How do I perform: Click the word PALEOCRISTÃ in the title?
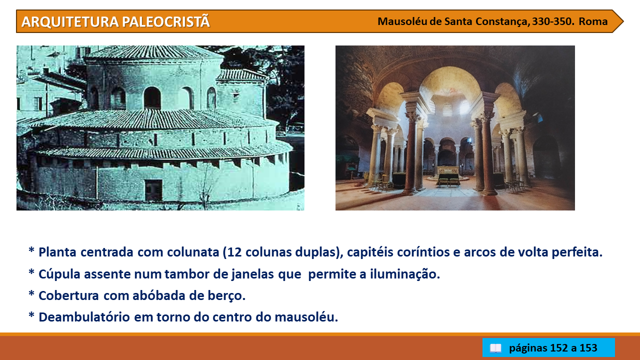[166, 21]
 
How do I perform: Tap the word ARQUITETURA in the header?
[70, 22]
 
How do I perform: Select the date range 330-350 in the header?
[553, 21]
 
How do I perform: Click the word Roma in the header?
[593, 21]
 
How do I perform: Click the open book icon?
[495, 348]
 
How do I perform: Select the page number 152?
[558, 348]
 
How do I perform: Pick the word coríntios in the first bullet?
[423, 252]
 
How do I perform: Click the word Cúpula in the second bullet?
[59, 274]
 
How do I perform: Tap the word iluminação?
[405, 274]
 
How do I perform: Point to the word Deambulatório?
[84, 317]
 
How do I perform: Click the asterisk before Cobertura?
[31, 293]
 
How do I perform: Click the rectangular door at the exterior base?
[153, 189]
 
